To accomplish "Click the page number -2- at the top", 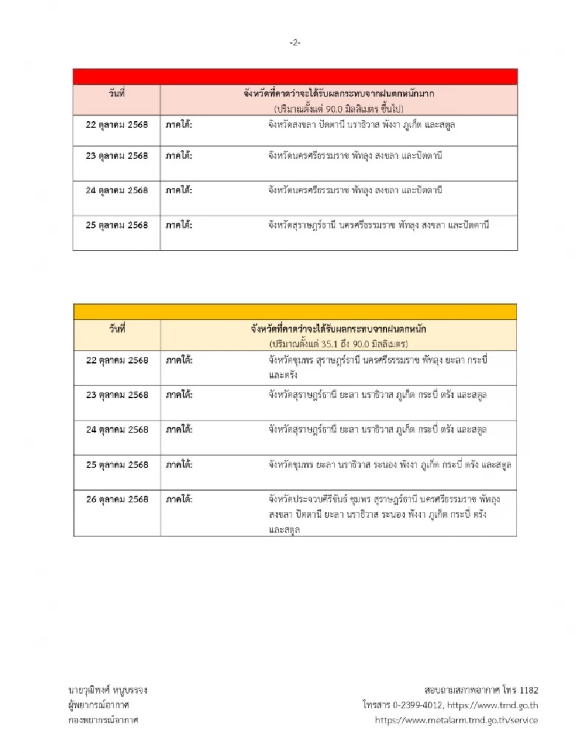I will pyautogui.click(x=295, y=42).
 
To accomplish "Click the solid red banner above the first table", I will pyautogui.click(x=295, y=77).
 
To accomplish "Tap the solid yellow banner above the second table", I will pyautogui.click(x=295, y=312).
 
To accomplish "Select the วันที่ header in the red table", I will pyautogui.click(x=117, y=94).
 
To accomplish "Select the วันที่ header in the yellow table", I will pyautogui.click(x=117, y=329).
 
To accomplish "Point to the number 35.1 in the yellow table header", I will pyautogui.click(x=334, y=344).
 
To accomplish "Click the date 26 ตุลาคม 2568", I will pyautogui.click(x=117, y=500).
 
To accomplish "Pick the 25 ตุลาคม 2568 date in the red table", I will pyautogui.click(x=117, y=225).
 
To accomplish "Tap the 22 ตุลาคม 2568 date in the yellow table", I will pyautogui.click(x=117, y=360).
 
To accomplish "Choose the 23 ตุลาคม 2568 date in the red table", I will pyautogui.click(x=117, y=156).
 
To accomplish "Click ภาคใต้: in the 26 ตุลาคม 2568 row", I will pyautogui.click(x=179, y=500).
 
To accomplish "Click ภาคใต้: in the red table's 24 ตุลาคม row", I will pyautogui.click(x=179, y=190).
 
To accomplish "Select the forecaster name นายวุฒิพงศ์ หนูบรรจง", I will pyautogui.click(x=108, y=690).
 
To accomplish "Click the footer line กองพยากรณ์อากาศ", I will pyautogui.click(x=103, y=720).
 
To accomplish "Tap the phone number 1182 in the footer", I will pyautogui.click(x=529, y=690).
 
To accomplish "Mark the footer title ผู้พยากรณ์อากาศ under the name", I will pyautogui.click(x=99, y=705).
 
